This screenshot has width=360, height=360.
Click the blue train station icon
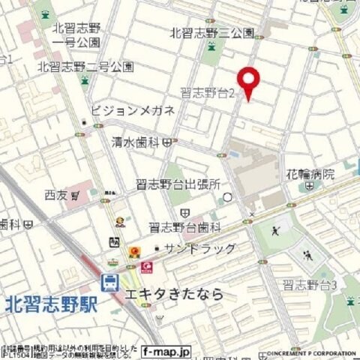(109, 282)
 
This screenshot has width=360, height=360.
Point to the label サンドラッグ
(200, 248)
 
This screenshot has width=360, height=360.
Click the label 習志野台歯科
(184, 226)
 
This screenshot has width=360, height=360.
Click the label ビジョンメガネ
(133, 110)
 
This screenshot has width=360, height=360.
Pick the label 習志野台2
(208, 93)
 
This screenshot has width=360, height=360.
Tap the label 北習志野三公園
(211, 33)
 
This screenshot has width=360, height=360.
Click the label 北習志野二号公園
(85, 67)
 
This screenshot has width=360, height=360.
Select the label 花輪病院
(310, 174)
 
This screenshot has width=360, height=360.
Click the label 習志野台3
(309, 284)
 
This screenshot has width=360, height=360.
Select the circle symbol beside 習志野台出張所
(227, 197)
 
